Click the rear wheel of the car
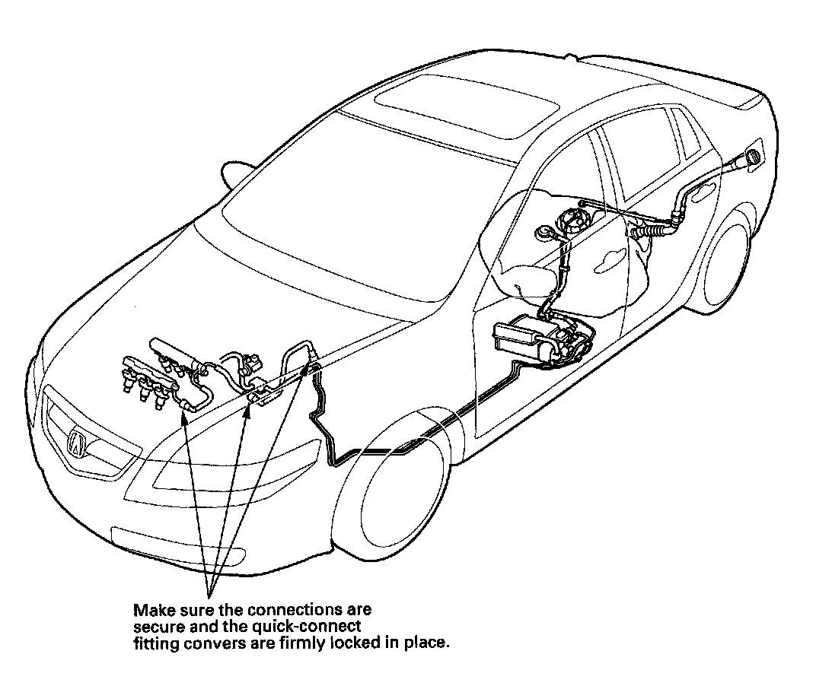pyautogui.click(x=724, y=262)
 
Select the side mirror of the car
pyautogui.click(x=235, y=172)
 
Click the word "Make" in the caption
pyautogui.click(x=149, y=611)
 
